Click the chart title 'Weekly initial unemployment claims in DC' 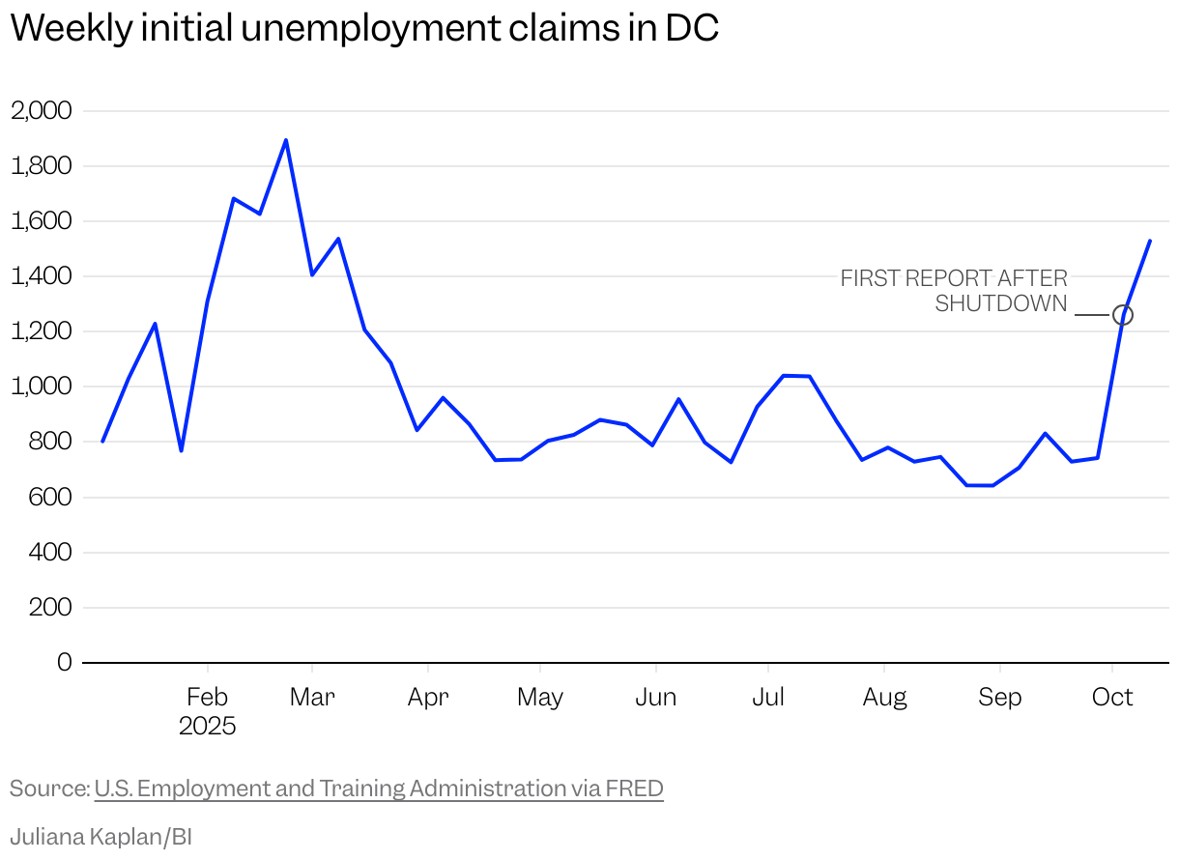point(364,29)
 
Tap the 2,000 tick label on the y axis point(41,110)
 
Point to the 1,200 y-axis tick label point(41,331)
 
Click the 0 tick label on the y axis point(64,663)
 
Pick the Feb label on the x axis point(207,697)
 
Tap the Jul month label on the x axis point(768,697)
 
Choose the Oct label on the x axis point(1112,697)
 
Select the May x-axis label point(539,697)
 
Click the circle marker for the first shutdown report point(1122,315)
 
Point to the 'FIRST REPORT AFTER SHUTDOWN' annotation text point(954,291)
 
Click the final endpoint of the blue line point(1149,241)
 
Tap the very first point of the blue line point(102,442)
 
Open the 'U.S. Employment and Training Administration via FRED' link point(379,788)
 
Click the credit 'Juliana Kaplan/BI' point(101,836)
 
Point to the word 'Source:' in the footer point(49,788)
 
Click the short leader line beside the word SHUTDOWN point(1092,315)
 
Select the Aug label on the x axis point(884,697)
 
